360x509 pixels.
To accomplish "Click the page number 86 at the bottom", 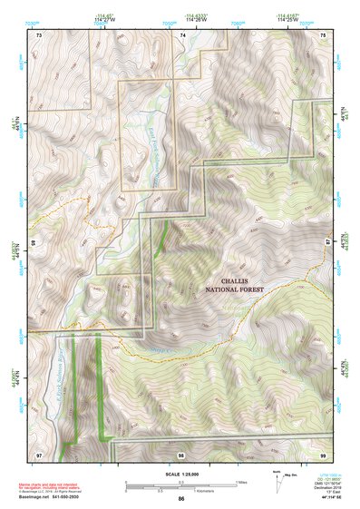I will tap(181, 500).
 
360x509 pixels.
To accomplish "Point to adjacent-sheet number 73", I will tap(39, 34).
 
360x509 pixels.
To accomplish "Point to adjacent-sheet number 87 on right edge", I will tap(328, 243).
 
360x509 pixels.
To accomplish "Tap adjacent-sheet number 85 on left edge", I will tap(34, 243).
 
